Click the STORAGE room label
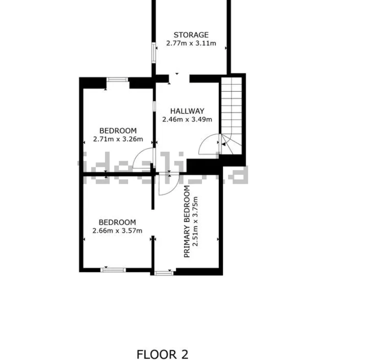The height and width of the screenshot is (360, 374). [x=191, y=35]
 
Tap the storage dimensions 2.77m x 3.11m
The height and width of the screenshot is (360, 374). [x=191, y=44]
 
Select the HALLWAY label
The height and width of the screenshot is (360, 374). [x=187, y=111]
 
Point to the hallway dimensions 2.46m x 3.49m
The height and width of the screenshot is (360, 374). [x=187, y=119]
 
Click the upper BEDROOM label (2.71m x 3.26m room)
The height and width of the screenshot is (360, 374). [x=118, y=131]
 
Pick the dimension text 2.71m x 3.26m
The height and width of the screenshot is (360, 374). [x=118, y=139]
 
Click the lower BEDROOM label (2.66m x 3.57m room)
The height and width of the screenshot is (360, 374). [x=117, y=222]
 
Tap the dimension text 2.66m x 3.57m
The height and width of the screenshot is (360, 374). [x=117, y=231]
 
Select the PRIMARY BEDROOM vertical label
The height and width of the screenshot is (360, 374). [x=187, y=222]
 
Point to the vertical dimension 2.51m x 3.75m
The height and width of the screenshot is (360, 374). [x=195, y=221]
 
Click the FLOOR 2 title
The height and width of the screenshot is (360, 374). [x=162, y=354]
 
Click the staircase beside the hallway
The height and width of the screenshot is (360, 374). [x=232, y=116]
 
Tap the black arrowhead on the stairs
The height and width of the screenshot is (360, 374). [x=224, y=144]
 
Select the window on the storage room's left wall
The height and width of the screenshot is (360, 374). [x=154, y=53]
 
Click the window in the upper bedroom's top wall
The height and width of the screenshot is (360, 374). [x=117, y=80]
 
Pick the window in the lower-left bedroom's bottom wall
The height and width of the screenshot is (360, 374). [x=113, y=270]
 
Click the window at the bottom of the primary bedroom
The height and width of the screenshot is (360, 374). [x=164, y=273]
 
